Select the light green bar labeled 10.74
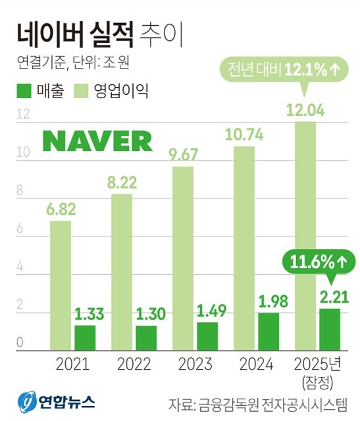pyautogui.click(x=244, y=248)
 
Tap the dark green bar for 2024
pyautogui.click(x=269, y=331)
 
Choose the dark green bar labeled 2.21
pyautogui.click(x=330, y=329)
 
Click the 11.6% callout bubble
pyautogui.click(x=316, y=261)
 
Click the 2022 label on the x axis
pyautogui.click(x=134, y=365)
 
